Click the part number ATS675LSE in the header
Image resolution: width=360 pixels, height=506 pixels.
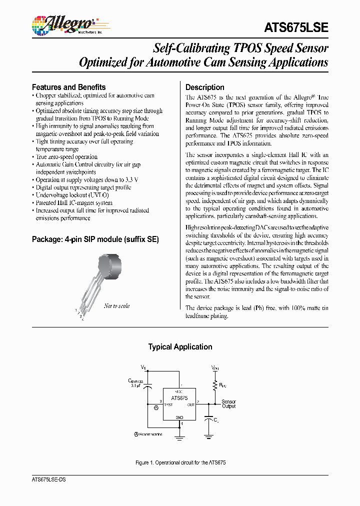tap(295, 27)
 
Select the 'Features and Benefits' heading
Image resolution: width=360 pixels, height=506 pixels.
tap(68, 87)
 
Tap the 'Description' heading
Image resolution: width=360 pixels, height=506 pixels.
tap(205, 87)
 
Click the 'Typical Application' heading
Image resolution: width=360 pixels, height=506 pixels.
tap(180, 346)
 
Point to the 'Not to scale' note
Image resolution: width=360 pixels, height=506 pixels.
tap(116, 306)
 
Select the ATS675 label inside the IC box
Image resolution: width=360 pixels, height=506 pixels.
tap(179, 398)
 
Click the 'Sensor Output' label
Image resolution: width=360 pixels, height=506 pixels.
tap(228, 404)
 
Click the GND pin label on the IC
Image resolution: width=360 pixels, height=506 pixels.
tap(179, 417)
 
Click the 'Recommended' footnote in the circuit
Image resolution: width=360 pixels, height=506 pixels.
tap(148, 434)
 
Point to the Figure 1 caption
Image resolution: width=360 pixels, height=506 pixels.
tap(180, 463)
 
